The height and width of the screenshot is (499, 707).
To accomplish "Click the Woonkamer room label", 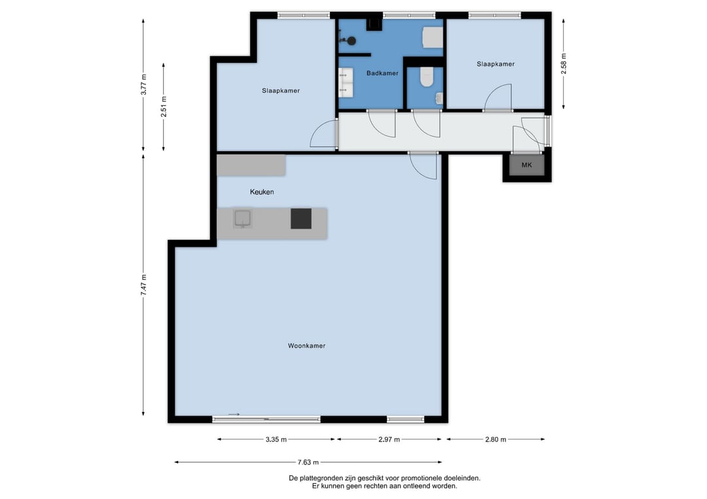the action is pyautogui.click(x=306, y=346).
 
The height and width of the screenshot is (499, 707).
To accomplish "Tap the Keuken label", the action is pyautogui.click(x=262, y=192).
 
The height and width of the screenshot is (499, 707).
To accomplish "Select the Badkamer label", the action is pyautogui.click(x=382, y=73).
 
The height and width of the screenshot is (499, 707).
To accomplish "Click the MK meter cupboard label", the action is pyautogui.click(x=526, y=165).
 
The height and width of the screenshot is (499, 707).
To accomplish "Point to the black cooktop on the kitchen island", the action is pyautogui.click(x=300, y=218).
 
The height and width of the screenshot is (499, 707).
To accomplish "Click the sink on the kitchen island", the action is pyautogui.click(x=243, y=218).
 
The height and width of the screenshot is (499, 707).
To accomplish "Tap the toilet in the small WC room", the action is pyautogui.click(x=426, y=77).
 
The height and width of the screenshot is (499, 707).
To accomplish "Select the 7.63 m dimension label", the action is pyautogui.click(x=308, y=462).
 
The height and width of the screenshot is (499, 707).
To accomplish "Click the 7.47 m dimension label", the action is pyautogui.click(x=143, y=285).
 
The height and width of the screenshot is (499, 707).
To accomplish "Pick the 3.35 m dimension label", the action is pyautogui.click(x=276, y=439).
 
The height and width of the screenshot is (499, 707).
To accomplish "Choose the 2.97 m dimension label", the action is pyautogui.click(x=389, y=439).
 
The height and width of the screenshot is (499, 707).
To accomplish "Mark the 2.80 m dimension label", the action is pyautogui.click(x=496, y=439).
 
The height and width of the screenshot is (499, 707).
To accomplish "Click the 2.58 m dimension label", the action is pyautogui.click(x=564, y=63).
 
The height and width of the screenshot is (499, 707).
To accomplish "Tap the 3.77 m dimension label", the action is pyautogui.click(x=143, y=84).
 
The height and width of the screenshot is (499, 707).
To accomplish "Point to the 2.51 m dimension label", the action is pyautogui.click(x=164, y=107).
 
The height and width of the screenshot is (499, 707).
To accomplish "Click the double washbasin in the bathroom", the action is pyautogui.click(x=346, y=82).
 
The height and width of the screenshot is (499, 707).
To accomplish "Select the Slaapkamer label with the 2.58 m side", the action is pyautogui.click(x=496, y=64).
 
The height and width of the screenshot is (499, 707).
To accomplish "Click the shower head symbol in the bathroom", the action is pyautogui.click(x=352, y=41).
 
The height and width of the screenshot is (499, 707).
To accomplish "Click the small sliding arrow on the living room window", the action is pyautogui.click(x=234, y=415).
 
